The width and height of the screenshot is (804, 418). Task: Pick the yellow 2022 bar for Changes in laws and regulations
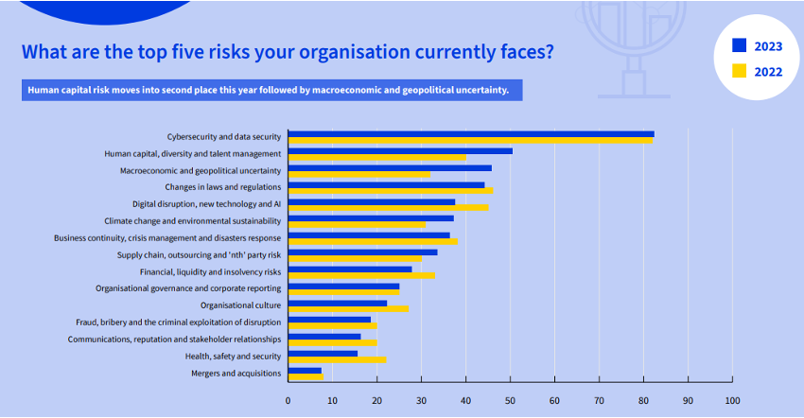[390, 191]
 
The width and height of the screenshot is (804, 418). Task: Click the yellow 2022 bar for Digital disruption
[388, 207]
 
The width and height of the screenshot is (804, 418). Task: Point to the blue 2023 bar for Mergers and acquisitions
[305, 371]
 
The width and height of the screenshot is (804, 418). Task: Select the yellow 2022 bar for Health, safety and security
[337, 359]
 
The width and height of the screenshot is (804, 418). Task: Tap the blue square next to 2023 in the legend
[739, 45]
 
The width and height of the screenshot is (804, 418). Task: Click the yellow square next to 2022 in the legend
[739, 71]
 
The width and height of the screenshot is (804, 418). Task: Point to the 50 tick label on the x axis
[510, 400]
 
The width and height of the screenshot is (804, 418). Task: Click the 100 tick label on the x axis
[731, 400]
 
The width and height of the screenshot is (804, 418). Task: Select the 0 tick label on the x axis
[288, 400]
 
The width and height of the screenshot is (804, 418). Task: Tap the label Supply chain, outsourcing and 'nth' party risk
[199, 255]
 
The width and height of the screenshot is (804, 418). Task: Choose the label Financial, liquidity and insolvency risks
[210, 271]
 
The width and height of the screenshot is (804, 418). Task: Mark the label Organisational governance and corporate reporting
[188, 288]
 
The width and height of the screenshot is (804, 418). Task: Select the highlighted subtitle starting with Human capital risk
[269, 91]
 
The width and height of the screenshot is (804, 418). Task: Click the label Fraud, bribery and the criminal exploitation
[178, 322]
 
